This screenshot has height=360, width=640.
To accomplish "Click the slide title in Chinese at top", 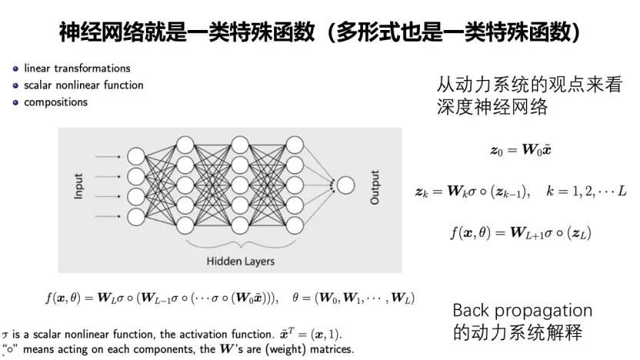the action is coord(320,32).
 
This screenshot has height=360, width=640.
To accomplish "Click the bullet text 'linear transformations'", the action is coord(77,68).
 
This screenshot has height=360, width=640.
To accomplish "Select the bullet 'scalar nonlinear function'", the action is coord(83,85).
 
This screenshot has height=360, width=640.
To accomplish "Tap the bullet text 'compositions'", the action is coord(55,102).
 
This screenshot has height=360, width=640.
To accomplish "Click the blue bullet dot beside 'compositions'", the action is coord(15,102).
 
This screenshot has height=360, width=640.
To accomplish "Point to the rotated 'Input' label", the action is coord(78,185).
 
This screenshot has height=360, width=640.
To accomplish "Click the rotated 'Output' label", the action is coord(375,186).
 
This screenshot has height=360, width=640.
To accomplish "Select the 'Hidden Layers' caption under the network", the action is coord(240,261).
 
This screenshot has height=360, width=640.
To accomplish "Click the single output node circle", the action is coord(345,185).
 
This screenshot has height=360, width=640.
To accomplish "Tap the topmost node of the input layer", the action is coord(136,155).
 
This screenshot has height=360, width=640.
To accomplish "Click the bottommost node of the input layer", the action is coord(136,215).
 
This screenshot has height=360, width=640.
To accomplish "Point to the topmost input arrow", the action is coord(108,155).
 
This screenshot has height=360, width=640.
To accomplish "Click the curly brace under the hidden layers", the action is coord(240,244).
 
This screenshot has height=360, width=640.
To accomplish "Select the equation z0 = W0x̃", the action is coord(521,150).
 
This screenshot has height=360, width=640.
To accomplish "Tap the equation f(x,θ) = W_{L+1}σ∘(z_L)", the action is coord(521,231).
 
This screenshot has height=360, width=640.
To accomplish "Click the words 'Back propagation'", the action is coord(522,311).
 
